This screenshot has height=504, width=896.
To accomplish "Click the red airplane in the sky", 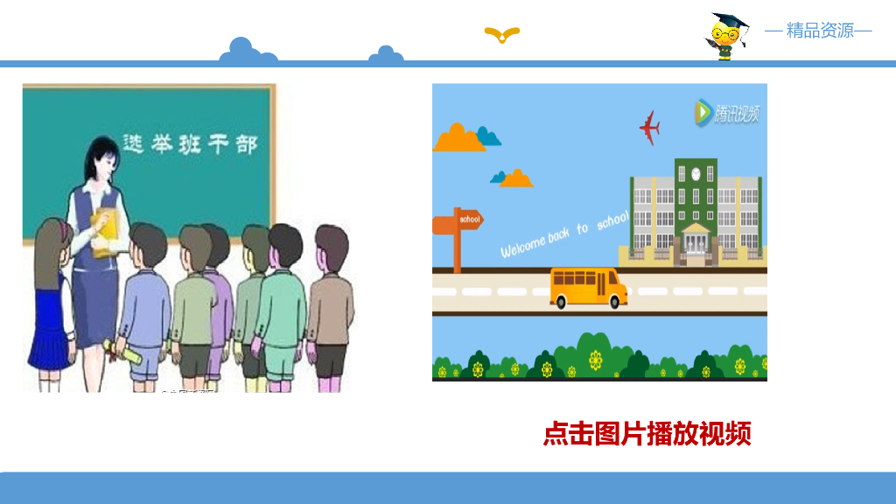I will [x=649, y=128].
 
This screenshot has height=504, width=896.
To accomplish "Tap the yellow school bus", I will [x=588, y=287].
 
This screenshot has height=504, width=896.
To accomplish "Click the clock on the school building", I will [x=696, y=173].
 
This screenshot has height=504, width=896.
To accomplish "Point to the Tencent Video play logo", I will [x=703, y=112].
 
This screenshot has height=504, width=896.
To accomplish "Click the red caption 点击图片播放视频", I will [x=647, y=433].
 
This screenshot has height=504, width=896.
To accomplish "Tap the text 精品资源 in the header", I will [x=820, y=31].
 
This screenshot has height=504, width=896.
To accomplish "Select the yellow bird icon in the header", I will [x=502, y=35].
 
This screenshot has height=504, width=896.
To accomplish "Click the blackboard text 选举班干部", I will [x=190, y=143].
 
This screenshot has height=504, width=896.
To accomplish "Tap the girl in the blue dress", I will [x=51, y=297].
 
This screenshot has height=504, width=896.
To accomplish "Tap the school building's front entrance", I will [x=696, y=241].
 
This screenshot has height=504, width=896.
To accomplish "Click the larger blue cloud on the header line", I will [x=248, y=52].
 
